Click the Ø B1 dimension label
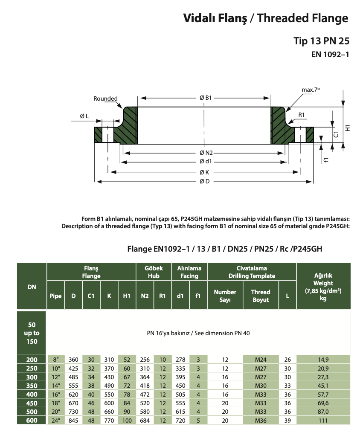[206, 98]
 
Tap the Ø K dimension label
[204, 172]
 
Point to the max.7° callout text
[311, 90]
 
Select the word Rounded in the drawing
[105, 99]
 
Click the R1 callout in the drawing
[302, 115]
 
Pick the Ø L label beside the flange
[84, 116]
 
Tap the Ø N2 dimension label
[206, 153]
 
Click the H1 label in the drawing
[348, 128]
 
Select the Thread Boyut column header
[261, 296]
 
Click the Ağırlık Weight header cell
[323, 287]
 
